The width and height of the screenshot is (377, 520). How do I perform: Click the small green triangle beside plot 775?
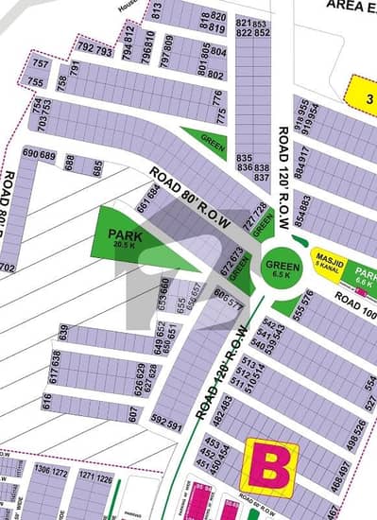204,139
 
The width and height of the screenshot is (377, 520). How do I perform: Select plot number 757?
40,63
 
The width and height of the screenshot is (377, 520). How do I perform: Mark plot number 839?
64,333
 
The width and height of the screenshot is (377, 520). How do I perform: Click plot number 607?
134,414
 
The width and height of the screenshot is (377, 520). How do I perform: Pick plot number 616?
46,402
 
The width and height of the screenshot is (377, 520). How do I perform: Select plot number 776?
220,96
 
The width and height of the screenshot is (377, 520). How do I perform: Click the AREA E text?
350,5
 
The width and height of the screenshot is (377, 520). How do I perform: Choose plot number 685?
97,168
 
